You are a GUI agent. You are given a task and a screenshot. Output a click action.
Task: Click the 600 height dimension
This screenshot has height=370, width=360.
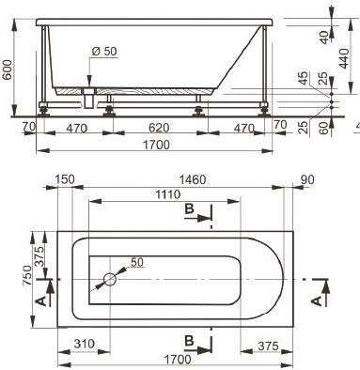pyautogui.click(x=8, y=69)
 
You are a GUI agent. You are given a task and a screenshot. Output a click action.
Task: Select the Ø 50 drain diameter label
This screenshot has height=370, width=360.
pyautogui.click(x=104, y=51)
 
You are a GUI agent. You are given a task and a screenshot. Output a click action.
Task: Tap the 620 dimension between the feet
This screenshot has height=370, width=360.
pyautogui.click(x=159, y=128)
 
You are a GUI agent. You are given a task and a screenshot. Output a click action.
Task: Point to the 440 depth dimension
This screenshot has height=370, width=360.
pyautogui.click(x=344, y=58)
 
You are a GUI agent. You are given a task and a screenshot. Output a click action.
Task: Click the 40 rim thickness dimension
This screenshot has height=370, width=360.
pyautogui.click(x=325, y=38)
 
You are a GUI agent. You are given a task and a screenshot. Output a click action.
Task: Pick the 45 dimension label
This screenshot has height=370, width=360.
pyautogui.click(x=304, y=78)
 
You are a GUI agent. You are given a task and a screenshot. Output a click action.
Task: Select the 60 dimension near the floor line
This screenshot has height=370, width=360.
pyautogui.click(x=325, y=128)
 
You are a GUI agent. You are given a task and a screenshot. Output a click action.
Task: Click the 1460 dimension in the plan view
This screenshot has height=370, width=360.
pyautogui.click(x=193, y=179)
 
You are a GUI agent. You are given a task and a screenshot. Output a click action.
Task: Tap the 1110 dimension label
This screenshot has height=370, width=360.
pyautogui.click(x=168, y=194)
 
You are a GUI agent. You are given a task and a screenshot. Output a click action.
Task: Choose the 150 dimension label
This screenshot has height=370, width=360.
pyautogui.click(x=65, y=179)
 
